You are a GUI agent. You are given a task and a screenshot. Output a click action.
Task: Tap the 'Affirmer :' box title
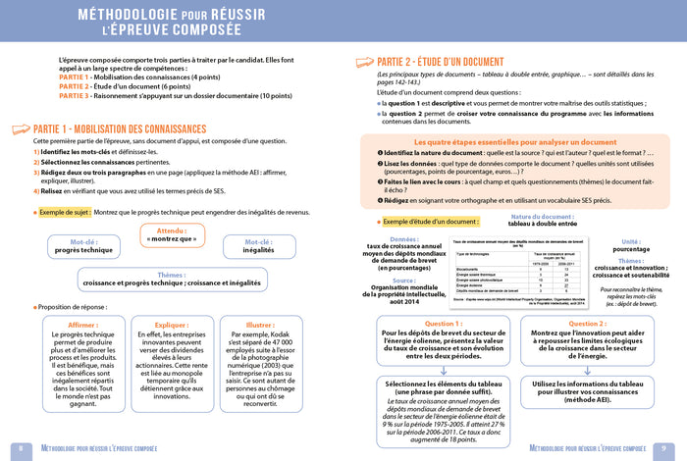(x=82, y=324)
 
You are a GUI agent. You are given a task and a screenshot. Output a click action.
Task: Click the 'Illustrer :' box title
(x=260, y=324)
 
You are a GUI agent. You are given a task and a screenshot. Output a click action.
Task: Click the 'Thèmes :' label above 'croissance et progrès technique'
(x=171, y=275)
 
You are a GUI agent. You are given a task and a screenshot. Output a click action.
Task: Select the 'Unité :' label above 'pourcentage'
(x=630, y=240)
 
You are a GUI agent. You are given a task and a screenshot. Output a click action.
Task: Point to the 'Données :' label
(x=403, y=238)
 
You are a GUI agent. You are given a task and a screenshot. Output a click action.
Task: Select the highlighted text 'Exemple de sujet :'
(x=64, y=211)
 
